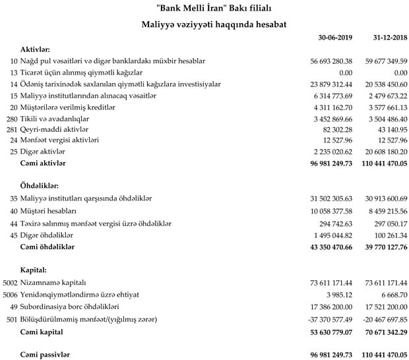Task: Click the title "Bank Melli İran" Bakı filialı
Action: pos(204,8)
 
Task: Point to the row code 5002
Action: pos(9,282)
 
